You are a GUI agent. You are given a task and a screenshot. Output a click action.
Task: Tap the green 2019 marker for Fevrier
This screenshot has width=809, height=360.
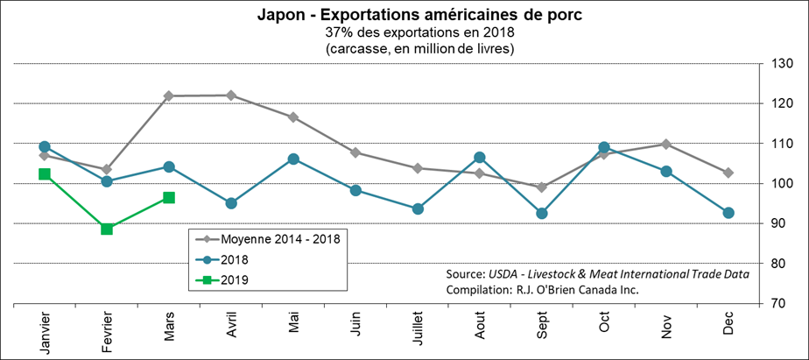pyautogui.click(x=107, y=229)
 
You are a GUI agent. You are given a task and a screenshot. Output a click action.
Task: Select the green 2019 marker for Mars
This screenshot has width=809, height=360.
pyautogui.click(x=169, y=198)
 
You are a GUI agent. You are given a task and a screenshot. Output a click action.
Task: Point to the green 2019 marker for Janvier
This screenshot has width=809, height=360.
pyautogui.click(x=45, y=174)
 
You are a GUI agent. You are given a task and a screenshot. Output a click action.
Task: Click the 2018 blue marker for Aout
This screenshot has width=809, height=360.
pyautogui.click(x=480, y=158)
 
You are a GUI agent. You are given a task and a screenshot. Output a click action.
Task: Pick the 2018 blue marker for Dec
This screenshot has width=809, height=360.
pyautogui.click(x=728, y=213)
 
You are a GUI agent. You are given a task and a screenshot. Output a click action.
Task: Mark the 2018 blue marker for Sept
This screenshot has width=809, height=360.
pyautogui.click(x=542, y=214)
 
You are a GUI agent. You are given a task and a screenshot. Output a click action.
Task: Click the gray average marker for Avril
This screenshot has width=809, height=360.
pyautogui.click(x=231, y=95)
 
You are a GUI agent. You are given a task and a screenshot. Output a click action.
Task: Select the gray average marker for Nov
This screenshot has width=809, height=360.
pyautogui.click(x=666, y=144)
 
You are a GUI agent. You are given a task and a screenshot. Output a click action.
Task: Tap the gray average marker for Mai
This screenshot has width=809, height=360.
pyautogui.click(x=293, y=117)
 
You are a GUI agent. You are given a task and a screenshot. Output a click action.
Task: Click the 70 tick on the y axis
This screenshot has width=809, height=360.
pyautogui.click(x=778, y=304)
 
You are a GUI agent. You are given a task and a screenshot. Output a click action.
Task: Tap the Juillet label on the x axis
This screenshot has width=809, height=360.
pyautogui.click(x=419, y=334)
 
